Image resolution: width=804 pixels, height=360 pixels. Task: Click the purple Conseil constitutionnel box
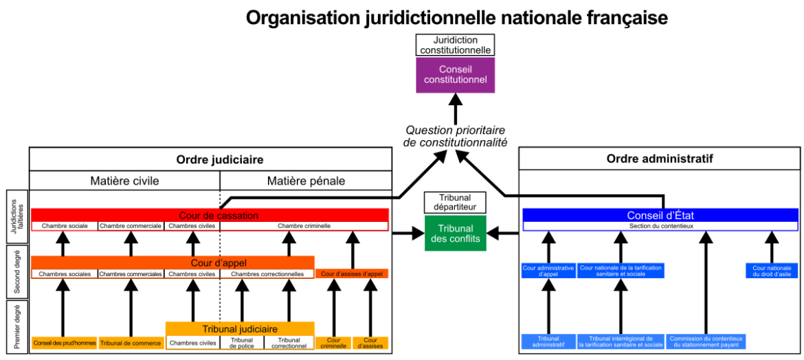455,74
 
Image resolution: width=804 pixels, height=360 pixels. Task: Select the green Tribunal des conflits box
455,233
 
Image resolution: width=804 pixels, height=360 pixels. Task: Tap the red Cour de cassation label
219,216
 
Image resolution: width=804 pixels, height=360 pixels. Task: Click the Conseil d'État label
660,216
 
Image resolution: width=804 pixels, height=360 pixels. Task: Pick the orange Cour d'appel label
219,262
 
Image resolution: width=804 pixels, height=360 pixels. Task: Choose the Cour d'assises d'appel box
352,273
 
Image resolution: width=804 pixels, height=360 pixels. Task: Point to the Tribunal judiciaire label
240,329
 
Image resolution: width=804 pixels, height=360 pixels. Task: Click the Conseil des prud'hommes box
65,343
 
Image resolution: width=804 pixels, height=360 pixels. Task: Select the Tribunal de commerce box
131,343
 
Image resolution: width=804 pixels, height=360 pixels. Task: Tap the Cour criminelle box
333,342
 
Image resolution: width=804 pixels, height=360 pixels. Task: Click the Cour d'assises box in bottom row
370,342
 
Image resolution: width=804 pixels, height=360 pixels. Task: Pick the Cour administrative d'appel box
548,271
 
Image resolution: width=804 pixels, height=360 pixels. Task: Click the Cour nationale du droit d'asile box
772,271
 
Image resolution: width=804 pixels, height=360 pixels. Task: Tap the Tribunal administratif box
548,341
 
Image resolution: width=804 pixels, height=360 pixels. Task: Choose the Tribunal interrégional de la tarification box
621,341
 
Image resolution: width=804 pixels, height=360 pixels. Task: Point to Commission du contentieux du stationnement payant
706,341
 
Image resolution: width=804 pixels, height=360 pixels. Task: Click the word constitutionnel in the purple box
455,80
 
